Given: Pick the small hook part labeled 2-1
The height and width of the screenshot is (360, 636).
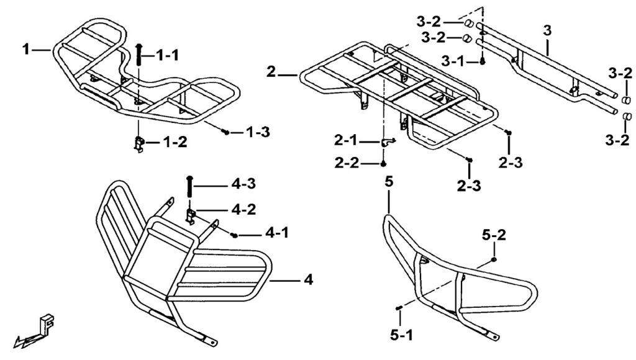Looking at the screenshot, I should pyautogui.click(x=387, y=143).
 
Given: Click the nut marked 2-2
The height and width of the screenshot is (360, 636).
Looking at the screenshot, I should pyautogui.click(x=384, y=164).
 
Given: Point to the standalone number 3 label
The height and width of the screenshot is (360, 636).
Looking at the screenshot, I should pyautogui.click(x=547, y=30).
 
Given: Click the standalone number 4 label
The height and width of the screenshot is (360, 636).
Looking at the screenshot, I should pyautogui.click(x=308, y=281).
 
